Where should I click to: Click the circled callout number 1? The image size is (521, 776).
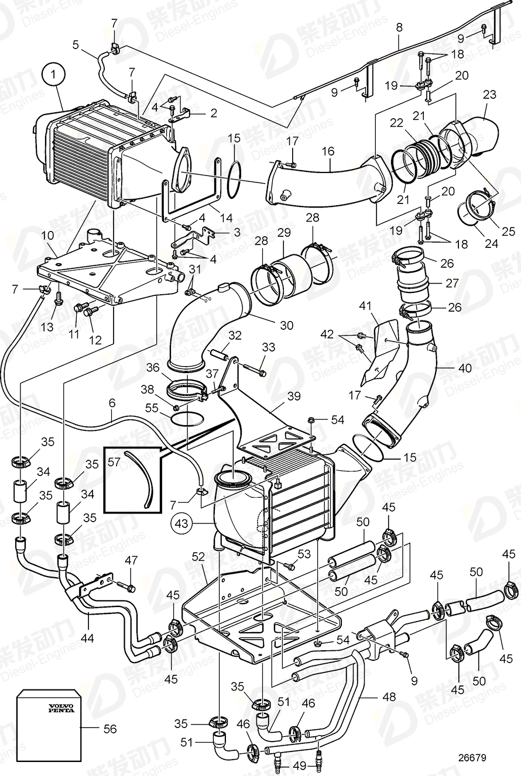[x=54, y=75]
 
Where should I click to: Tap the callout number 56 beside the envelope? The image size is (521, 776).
[x=109, y=729]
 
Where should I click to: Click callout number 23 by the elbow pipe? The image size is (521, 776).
[x=489, y=94]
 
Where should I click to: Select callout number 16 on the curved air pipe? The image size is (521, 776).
[x=328, y=151]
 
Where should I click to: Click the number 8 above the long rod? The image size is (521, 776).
[x=399, y=27]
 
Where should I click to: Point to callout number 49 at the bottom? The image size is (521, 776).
[x=300, y=765]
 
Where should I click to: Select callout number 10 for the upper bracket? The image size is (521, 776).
[x=47, y=234]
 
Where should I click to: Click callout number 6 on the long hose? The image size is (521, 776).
[x=112, y=403]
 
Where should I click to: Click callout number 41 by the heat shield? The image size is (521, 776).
[x=365, y=305]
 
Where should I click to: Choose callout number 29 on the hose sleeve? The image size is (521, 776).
[x=284, y=233]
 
